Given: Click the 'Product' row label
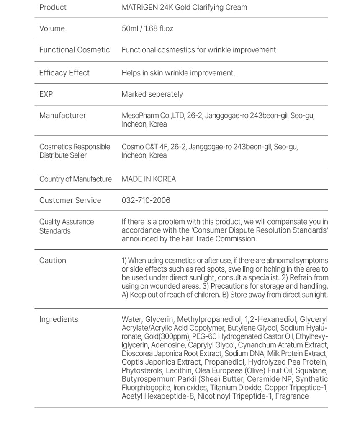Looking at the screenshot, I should pos(53,8).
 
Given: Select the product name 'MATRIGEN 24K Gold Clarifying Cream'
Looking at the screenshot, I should pos(184,8).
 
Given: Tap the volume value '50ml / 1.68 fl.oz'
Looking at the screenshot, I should pos(147,29).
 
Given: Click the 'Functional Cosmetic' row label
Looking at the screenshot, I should pos(75,50).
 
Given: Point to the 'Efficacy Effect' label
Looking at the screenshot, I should pos(64,73).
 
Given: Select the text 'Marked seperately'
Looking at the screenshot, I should pos(152,94).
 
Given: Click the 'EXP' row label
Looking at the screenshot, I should pos(46,94).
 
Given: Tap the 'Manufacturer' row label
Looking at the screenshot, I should pos(62,116).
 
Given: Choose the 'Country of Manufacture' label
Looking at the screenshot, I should pos(75,179).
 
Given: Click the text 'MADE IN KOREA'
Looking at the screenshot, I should pos(149,179).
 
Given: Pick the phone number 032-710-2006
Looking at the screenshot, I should pos(146,201).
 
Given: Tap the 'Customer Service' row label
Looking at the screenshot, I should pos(70,201).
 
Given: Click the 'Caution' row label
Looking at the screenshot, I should pos(53,261).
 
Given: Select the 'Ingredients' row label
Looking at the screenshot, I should pos(59,320).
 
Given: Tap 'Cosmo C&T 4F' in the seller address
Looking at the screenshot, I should pos(144,147).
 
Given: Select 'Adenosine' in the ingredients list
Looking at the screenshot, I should pos(167,345).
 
